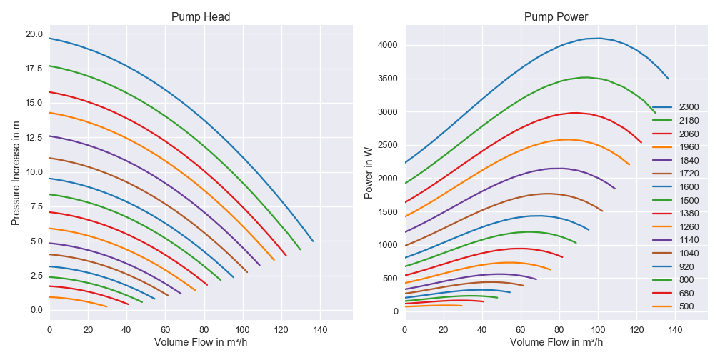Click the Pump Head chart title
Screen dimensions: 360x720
[201, 17]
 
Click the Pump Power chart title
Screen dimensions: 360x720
[556, 17]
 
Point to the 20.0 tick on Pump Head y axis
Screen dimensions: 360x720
[34, 34]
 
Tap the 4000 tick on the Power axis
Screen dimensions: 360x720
[388, 45]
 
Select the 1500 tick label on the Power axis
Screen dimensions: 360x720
[388, 211]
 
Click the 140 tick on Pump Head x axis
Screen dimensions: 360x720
[319, 330]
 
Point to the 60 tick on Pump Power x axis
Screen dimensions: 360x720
[521, 330]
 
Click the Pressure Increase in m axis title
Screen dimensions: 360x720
[16, 171]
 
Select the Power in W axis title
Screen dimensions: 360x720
[369, 171]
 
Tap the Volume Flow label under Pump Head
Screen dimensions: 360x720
[201, 343]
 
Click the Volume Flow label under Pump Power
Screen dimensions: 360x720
[556, 343]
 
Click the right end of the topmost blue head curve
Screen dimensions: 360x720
[313, 241]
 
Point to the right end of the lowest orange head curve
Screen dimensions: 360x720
[106, 306]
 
